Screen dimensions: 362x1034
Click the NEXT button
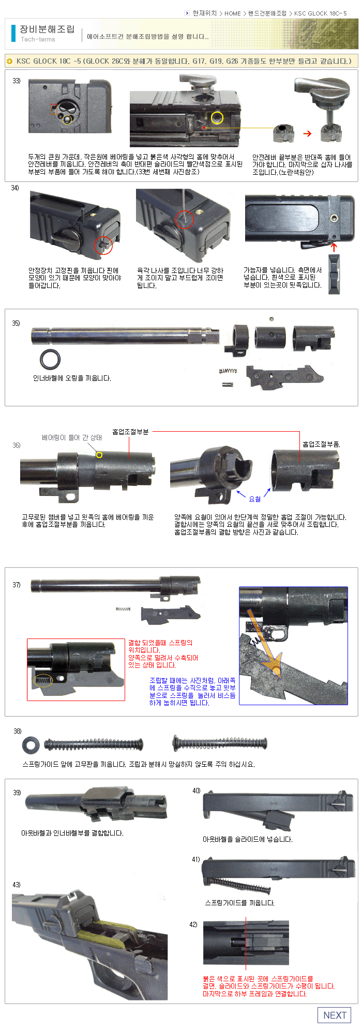point(334,1015)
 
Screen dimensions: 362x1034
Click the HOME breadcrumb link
point(233,13)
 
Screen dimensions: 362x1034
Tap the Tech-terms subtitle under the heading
point(38,39)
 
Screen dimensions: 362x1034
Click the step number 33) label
point(17,81)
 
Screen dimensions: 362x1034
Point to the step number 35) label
point(16,323)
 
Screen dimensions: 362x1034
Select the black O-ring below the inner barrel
point(50,359)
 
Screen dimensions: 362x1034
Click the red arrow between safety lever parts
point(307,133)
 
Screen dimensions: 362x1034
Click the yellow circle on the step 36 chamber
point(99,455)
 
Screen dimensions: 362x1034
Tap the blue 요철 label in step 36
point(255,499)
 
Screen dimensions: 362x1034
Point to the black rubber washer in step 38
point(31,745)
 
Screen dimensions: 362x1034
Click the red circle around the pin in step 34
point(103,245)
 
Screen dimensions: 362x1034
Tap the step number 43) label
point(17,885)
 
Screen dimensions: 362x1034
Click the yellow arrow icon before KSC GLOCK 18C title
point(9,61)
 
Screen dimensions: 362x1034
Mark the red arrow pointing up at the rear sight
point(334,248)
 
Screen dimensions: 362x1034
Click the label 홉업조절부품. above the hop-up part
point(321,444)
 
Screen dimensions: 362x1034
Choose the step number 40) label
point(196,790)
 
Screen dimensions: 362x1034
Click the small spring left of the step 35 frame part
point(228,371)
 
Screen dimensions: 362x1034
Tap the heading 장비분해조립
point(47,29)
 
